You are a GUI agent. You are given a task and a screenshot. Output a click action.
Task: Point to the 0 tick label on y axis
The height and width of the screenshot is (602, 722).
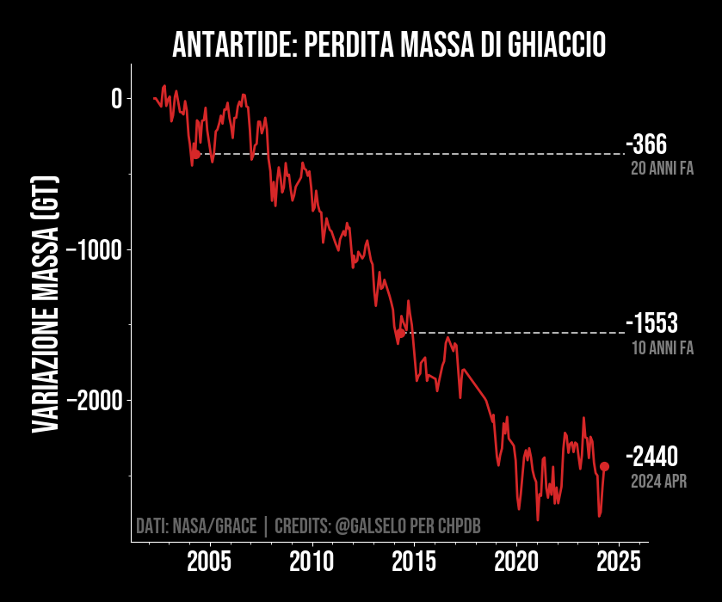coord(116,99)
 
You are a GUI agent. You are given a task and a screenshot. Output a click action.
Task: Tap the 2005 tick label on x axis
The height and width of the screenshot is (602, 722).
coord(208,562)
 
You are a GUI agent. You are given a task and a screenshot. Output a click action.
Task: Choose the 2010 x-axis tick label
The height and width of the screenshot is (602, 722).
coord(311,562)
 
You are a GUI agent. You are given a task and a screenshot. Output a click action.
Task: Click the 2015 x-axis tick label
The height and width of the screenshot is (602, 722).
coord(414,562)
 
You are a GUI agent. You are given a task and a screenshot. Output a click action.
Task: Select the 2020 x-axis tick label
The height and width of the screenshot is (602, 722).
coord(516,562)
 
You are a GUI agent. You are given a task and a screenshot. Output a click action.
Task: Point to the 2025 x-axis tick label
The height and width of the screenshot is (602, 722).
coord(619,562)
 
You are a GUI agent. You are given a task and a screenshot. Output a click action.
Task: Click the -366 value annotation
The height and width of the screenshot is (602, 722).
coord(647,144)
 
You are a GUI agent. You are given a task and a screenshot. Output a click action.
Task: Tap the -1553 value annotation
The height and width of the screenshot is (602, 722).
coord(652,324)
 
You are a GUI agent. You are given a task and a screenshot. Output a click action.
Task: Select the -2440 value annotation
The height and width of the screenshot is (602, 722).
coord(652,457)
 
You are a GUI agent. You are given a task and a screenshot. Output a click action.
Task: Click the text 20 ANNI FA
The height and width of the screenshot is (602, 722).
coord(662,169)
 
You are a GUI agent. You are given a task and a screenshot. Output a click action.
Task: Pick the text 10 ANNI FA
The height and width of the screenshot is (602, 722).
coord(662,348)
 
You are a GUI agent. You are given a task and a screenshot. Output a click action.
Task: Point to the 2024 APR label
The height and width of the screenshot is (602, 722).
coord(658,481)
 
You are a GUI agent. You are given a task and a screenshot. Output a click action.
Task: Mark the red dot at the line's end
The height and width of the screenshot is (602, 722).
coord(604,466)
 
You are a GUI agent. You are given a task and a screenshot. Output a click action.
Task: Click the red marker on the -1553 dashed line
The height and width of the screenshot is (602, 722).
coord(401,333)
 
